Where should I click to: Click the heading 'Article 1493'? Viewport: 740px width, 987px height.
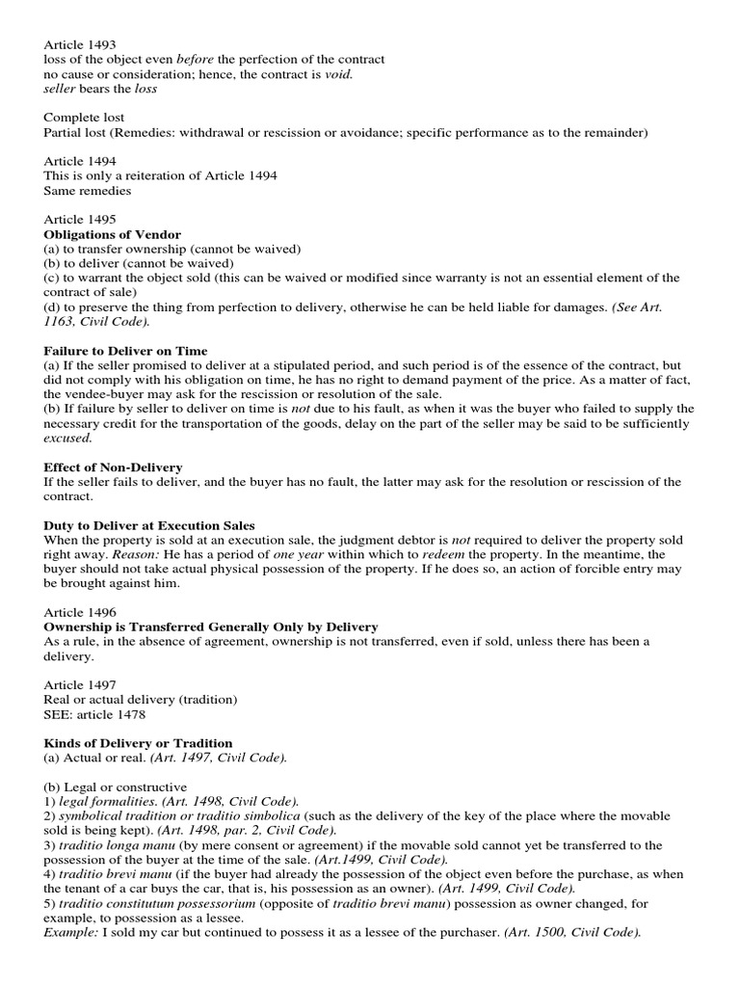tap(82, 44)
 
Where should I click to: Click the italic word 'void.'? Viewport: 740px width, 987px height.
tap(339, 74)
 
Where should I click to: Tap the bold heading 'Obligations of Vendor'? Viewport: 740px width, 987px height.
tap(113, 234)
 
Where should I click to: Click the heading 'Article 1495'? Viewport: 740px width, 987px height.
tap(82, 220)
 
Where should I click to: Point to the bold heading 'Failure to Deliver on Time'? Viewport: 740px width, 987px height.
tap(125, 350)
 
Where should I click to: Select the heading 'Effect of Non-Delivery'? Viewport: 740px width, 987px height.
tap(113, 467)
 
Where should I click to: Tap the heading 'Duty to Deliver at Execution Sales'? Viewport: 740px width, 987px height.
tap(149, 525)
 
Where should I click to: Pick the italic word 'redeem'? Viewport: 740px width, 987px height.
tap(420, 555)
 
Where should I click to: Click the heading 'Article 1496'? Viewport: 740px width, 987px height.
tap(82, 613)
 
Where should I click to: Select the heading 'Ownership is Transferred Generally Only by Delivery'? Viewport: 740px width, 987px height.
tap(211, 627)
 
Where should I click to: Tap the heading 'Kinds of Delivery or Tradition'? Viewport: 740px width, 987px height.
tap(138, 743)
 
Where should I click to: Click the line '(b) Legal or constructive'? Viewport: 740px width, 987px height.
tap(116, 787)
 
